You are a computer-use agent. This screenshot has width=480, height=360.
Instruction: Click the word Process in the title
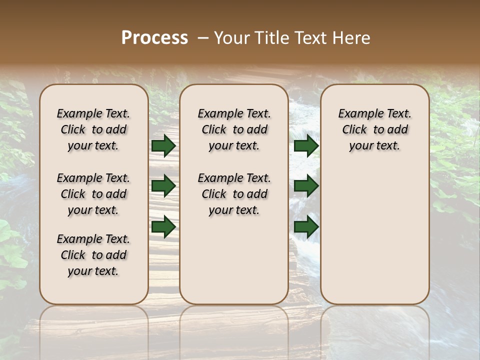coord(154,37)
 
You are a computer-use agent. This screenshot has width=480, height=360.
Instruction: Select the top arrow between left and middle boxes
coord(163,146)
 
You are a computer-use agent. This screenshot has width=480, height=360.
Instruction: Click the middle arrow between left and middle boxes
coord(163,186)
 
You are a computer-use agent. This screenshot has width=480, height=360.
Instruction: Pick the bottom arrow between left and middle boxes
coord(163,226)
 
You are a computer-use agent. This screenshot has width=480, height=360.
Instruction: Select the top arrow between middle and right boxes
coord(306,146)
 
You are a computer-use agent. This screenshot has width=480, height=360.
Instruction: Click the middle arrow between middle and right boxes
coord(306,186)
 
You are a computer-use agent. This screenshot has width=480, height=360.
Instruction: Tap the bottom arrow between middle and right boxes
coord(306,226)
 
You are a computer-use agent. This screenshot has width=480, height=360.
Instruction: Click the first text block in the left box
coord(93,129)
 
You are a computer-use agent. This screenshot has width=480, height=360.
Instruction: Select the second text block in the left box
coord(93,194)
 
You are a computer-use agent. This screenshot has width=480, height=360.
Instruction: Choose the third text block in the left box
coord(93,255)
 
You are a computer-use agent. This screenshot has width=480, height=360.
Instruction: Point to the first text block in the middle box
coord(234,129)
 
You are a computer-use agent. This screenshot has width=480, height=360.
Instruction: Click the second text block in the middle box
coord(234,194)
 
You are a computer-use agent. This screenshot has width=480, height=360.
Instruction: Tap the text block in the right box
coord(374,129)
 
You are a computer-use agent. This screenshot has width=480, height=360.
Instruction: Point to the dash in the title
coord(203,37)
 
